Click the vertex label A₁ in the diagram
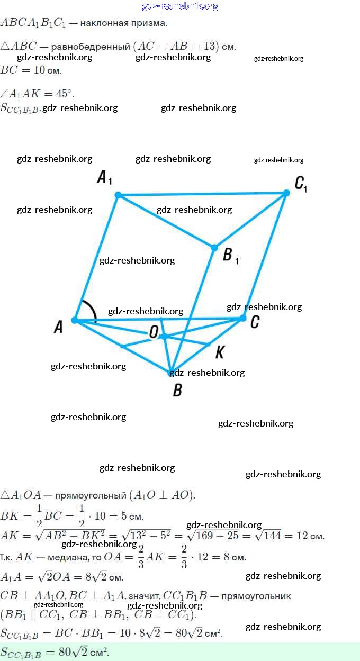[104, 178]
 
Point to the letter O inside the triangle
[154, 332]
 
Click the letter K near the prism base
[220, 352]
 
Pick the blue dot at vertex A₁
[119, 195]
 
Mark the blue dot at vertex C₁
[286, 193]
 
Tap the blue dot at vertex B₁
[214, 248]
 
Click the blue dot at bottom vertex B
[171, 373]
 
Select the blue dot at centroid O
[164, 337]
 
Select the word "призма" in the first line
[151, 23]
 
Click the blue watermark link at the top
[180, 6]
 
